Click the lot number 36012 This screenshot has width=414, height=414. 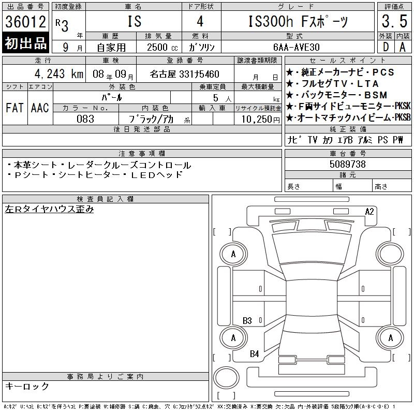[x=25, y=22]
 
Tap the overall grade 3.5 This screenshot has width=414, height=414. [x=394, y=21]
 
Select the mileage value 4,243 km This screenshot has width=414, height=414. [x=59, y=74]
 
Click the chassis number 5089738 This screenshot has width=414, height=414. [x=347, y=164]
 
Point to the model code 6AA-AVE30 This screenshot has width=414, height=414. [x=296, y=47]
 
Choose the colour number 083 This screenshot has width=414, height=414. [x=85, y=119]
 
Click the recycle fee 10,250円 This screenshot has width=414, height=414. [x=260, y=120]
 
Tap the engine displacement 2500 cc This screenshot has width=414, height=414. [x=162, y=48]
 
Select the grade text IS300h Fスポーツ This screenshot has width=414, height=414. [x=298, y=21]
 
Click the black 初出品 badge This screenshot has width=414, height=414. [x=25, y=43]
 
